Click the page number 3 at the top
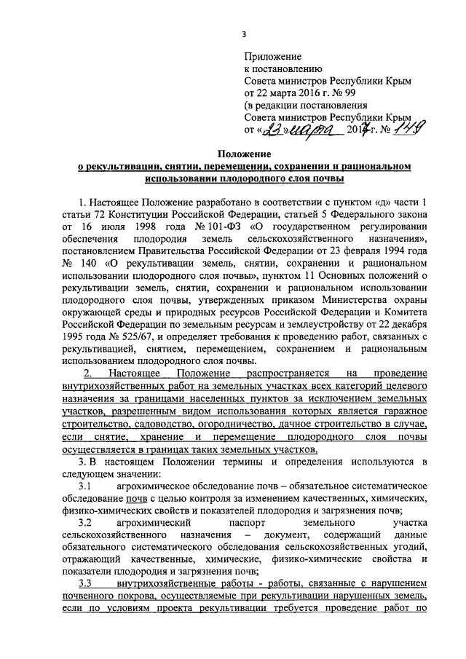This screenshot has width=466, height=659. click(x=244, y=33)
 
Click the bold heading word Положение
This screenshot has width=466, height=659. click(x=244, y=155)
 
